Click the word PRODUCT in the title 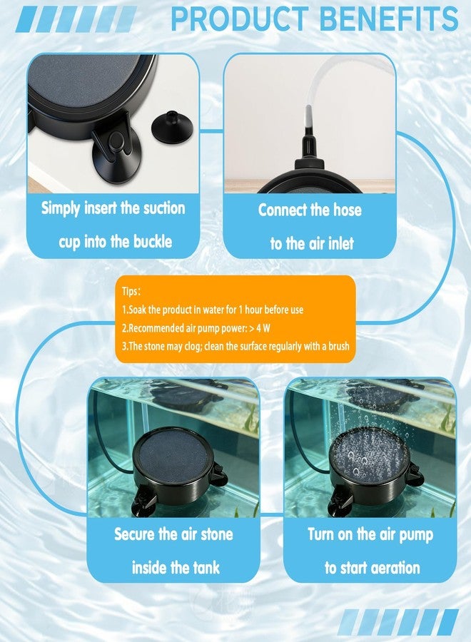pyautogui.click(x=240, y=19)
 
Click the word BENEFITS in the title pyautogui.click(x=389, y=19)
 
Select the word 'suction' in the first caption pyautogui.click(x=164, y=208)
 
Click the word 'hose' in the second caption pyautogui.click(x=348, y=210)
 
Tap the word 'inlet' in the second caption pyautogui.click(x=338, y=244)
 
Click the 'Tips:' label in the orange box pyautogui.click(x=131, y=292)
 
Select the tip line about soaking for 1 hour pyautogui.click(x=213, y=310)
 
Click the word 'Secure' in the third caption pyautogui.click(x=134, y=534)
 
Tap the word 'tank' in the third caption pyautogui.click(x=204, y=568)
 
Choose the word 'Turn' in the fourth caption pyautogui.click(x=321, y=534)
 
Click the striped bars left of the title pyautogui.click(x=76, y=19)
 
